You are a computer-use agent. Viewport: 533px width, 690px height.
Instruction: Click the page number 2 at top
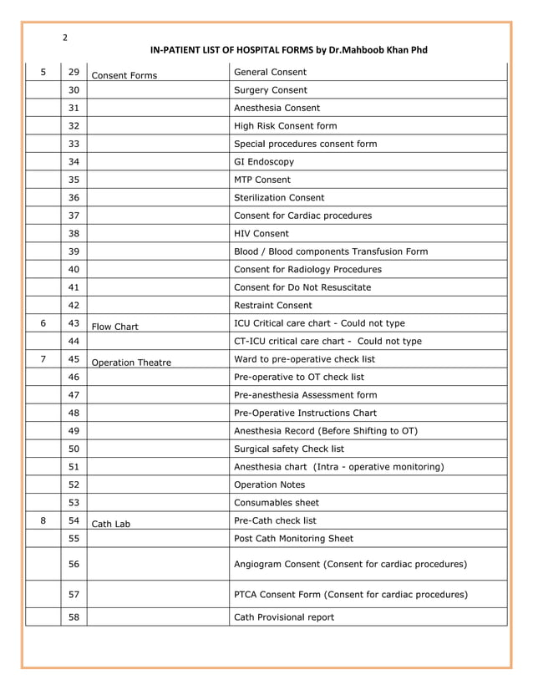click(65, 37)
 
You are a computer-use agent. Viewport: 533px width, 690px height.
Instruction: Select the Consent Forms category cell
click(124, 76)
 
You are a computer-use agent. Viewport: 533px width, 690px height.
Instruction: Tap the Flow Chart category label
click(114, 327)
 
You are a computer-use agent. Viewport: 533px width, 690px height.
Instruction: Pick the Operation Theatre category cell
click(130, 363)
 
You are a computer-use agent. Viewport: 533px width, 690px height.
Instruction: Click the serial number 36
click(74, 198)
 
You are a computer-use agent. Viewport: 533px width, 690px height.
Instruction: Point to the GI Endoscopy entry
click(264, 162)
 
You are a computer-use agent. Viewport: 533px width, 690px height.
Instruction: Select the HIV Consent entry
click(261, 234)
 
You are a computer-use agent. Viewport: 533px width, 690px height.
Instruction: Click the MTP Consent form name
click(262, 180)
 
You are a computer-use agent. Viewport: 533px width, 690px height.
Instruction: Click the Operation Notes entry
click(270, 485)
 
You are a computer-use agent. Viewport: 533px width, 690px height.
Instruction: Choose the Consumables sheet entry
click(277, 503)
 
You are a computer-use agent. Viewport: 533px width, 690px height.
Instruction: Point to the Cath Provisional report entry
click(284, 617)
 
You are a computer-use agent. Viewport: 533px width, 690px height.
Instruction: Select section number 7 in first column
click(43, 358)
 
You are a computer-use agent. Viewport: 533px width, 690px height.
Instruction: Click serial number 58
click(74, 617)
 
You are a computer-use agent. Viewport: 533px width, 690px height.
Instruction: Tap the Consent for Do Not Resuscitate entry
click(302, 287)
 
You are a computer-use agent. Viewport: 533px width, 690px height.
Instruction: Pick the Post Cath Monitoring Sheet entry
click(293, 539)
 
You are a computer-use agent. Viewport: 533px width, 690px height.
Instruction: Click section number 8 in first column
click(43, 520)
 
